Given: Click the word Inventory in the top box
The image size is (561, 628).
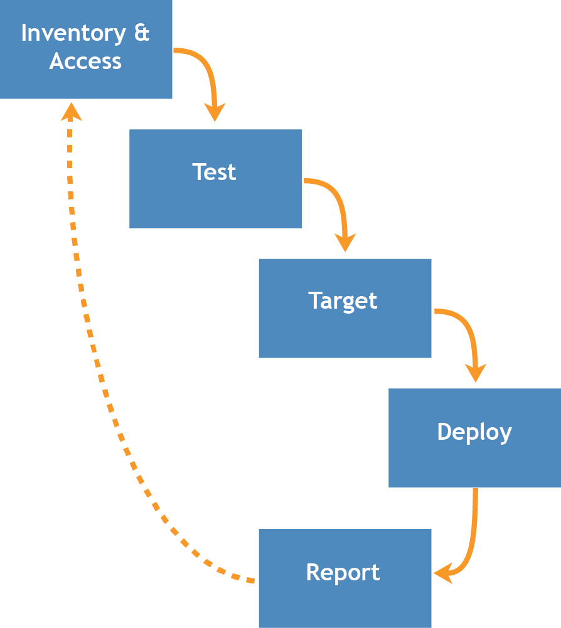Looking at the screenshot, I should click(x=72, y=34).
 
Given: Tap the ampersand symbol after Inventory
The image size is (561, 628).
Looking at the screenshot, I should click(x=142, y=33).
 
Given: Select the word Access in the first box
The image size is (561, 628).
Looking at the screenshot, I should click(x=85, y=61).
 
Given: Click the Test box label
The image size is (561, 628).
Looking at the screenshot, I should click(x=215, y=172).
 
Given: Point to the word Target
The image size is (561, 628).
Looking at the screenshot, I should click(x=343, y=301).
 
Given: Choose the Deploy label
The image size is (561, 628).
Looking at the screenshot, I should click(x=474, y=432).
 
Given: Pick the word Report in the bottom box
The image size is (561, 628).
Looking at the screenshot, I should click(x=343, y=573).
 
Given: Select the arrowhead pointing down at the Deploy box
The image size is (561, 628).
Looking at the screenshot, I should click(x=476, y=372).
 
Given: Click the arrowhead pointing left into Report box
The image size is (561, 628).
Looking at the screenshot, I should click(x=444, y=573).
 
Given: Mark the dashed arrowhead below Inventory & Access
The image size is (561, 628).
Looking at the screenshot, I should click(x=71, y=111).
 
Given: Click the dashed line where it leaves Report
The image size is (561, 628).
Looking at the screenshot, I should click(x=248, y=580).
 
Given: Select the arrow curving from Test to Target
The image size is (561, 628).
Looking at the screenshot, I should click(x=336, y=194).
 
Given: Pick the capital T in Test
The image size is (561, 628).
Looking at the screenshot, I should click(x=199, y=172).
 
